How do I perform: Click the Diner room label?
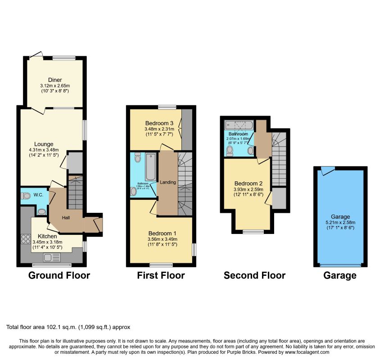[x=55, y=80]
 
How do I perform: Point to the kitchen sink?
[x=50, y=258]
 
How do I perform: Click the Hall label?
[x=66, y=217]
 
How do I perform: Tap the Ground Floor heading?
[x=59, y=275]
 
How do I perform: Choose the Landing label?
[x=167, y=182]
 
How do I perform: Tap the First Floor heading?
[x=161, y=275]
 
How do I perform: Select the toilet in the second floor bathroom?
[x=230, y=150]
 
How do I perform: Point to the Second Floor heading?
[x=254, y=275]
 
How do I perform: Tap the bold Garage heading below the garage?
[x=340, y=275]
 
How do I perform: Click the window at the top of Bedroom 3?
[x=167, y=107]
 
